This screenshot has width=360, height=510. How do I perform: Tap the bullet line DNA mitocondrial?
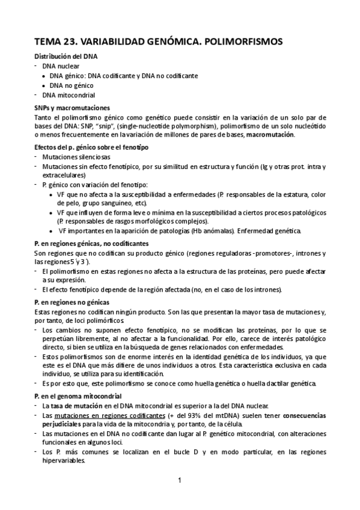coord(68,95)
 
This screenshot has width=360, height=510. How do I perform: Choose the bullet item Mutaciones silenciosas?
coord(76,156)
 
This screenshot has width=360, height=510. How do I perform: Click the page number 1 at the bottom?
coord(179,481)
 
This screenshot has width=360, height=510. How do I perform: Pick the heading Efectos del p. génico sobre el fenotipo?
coord(92,147)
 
